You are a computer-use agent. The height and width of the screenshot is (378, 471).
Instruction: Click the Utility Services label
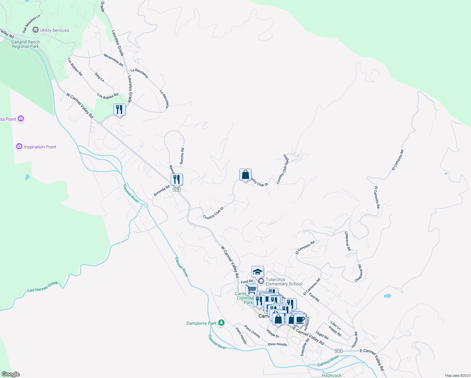(x=54, y=30)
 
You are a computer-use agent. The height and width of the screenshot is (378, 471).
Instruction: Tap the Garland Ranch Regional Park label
(x=26, y=44)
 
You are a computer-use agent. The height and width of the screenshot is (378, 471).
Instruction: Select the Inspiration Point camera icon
(x=19, y=146)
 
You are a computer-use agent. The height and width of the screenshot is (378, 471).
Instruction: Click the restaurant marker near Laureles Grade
(x=119, y=110)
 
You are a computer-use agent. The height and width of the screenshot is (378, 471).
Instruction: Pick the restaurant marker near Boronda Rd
(x=177, y=180)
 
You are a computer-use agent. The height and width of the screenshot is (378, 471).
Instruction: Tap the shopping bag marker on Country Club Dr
(x=245, y=175)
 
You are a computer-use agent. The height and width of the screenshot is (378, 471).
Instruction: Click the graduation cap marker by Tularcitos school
(x=258, y=272)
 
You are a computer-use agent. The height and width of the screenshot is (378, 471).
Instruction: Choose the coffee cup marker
(x=300, y=319)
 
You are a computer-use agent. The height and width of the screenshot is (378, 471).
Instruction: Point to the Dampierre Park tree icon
(x=222, y=323)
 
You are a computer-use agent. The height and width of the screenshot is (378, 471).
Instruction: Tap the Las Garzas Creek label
(x=43, y=287)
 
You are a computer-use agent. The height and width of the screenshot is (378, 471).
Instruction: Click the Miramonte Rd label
(x=113, y=60)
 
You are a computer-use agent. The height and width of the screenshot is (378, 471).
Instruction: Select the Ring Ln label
(x=99, y=77)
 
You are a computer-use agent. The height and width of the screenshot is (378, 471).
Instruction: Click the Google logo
(x=11, y=374)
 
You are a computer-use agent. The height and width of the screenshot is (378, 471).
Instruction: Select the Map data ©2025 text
(x=457, y=375)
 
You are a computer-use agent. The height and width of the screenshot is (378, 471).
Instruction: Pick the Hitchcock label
(x=332, y=375)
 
